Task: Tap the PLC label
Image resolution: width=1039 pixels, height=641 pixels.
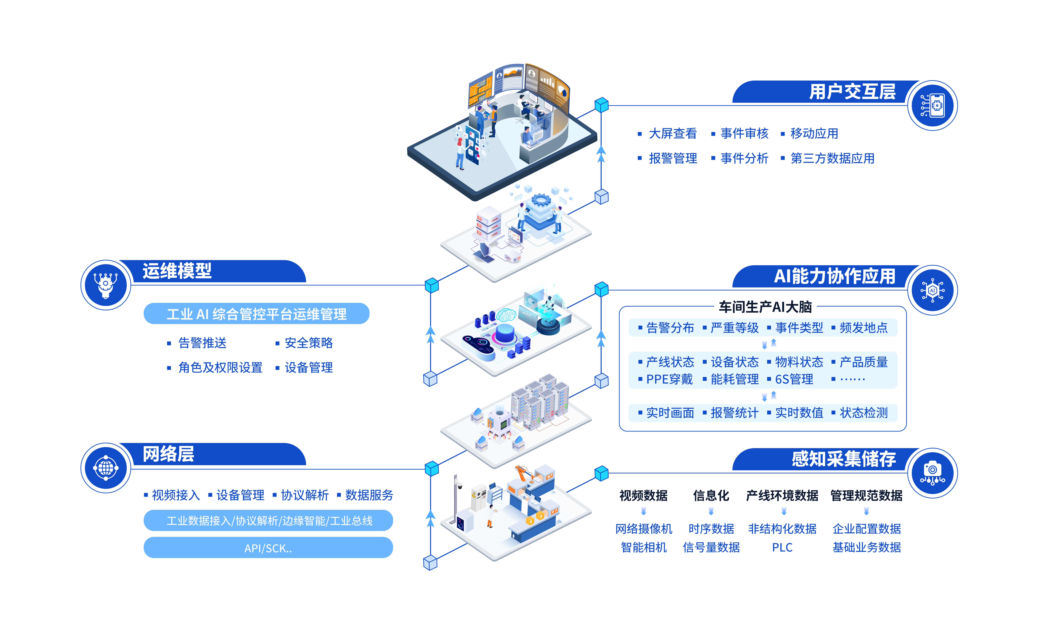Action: (782, 547)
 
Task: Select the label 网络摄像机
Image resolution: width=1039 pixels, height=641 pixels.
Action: (643, 529)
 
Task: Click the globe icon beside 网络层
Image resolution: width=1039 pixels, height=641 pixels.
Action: (106, 468)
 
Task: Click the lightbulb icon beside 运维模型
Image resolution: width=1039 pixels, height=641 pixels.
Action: (106, 284)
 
